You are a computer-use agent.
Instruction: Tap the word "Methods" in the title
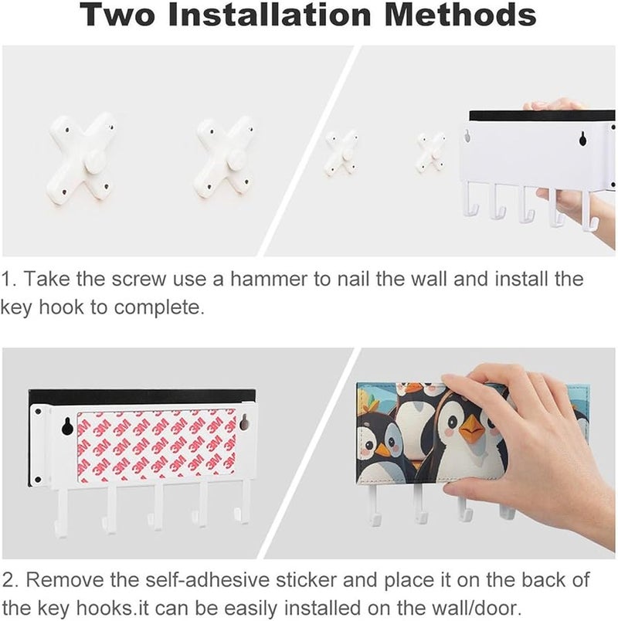pos(460,14)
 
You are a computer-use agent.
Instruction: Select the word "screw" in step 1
pos(138,279)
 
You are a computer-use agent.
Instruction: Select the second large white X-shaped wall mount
pos(224,158)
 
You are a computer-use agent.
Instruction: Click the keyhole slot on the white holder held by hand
pos(582,138)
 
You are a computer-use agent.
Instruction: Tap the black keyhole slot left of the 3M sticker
pos(66,426)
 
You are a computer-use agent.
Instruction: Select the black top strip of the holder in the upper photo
pos(542,116)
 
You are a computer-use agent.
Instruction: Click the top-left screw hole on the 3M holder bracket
pos(38,412)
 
